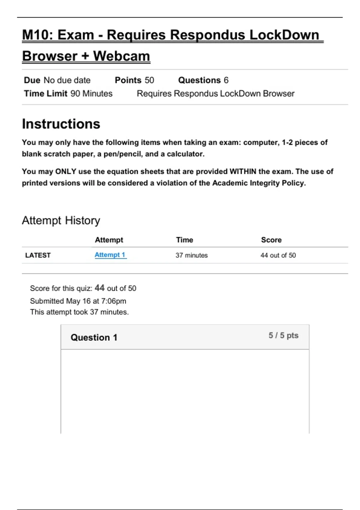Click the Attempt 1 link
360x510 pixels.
pos(110,255)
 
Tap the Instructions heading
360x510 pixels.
pos(61,124)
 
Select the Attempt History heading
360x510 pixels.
pos(61,220)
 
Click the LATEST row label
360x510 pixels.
pos(38,255)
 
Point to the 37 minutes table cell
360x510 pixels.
pos(191,255)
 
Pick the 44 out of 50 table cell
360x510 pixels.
pos(278,255)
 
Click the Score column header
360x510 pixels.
pos(271,240)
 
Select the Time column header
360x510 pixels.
pos(184,240)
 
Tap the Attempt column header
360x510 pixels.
pos(109,240)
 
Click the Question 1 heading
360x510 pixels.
pos(94,337)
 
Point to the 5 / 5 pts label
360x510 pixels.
pos(283,335)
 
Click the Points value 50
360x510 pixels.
pos(149,80)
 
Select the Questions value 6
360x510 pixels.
pos(226,80)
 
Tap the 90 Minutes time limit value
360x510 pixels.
pos(91,94)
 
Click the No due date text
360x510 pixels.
pos(67,80)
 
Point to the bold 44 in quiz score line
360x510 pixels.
pos(100,288)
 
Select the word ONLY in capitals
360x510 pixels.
pos(65,172)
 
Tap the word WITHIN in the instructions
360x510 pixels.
pos(243,172)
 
